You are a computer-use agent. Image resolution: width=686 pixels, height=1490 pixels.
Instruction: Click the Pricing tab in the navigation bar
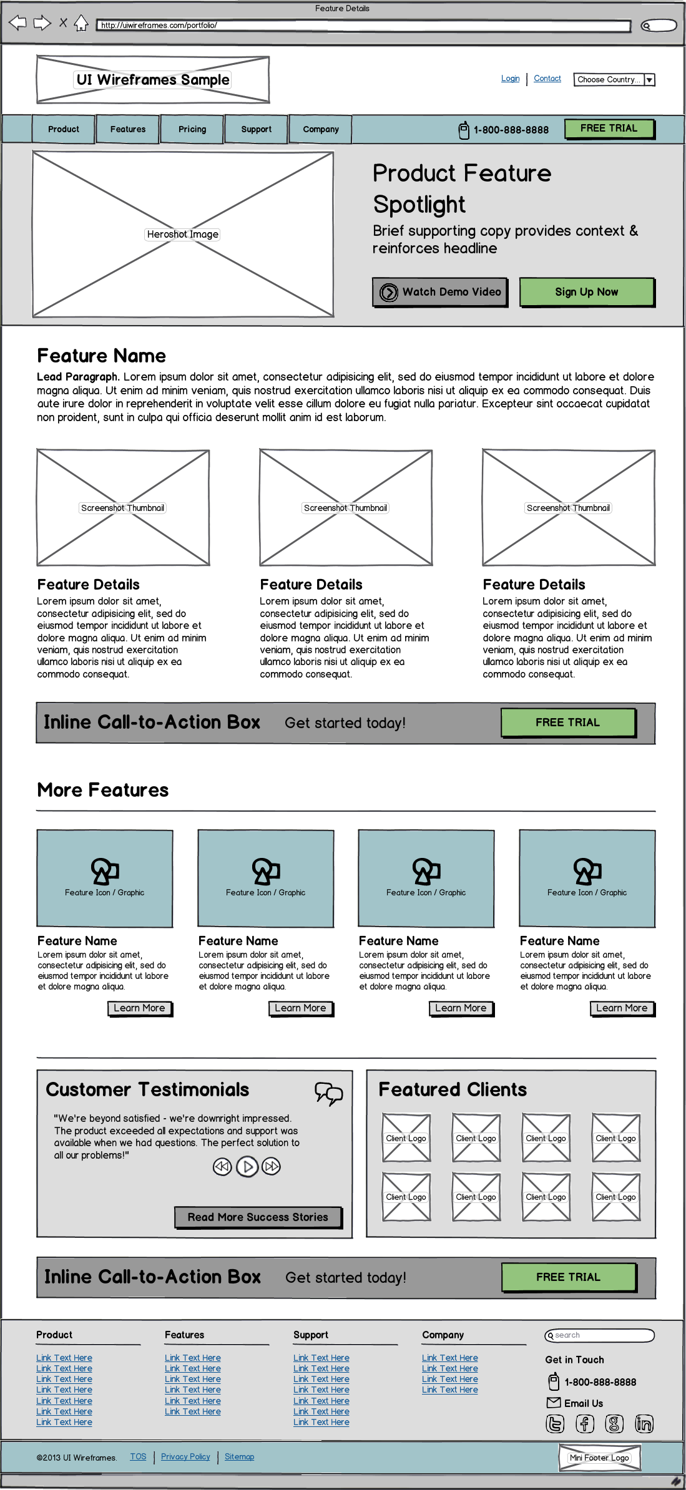pyautogui.click(x=192, y=129)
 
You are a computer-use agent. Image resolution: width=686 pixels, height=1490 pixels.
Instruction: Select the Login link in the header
pyautogui.click(x=510, y=79)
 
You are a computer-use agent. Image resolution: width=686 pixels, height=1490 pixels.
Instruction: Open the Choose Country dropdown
pyautogui.click(x=614, y=80)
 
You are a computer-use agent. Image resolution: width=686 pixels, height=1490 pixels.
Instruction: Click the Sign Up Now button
pyautogui.click(x=587, y=292)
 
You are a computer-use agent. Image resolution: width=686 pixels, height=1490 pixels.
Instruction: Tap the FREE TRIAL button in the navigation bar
pyautogui.click(x=609, y=129)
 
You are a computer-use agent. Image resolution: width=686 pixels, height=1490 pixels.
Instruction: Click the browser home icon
pyautogui.click(x=81, y=24)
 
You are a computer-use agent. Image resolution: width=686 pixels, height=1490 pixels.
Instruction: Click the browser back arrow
pyautogui.click(x=17, y=24)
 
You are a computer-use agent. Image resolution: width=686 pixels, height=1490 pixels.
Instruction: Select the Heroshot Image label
pyautogui.click(x=183, y=235)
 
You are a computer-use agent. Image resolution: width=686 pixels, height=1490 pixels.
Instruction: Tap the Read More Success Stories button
pyautogui.click(x=258, y=1217)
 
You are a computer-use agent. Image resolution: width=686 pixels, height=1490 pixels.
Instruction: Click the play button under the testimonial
pyautogui.click(x=247, y=1166)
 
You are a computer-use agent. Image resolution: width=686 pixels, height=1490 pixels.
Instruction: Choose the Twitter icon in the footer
pyautogui.click(x=555, y=1423)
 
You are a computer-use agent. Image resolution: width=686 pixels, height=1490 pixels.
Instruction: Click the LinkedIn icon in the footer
pyautogui.click(x=644, y=1423)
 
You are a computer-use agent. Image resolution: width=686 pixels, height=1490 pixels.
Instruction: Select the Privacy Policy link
pyautogui.click(x=185, y=1456)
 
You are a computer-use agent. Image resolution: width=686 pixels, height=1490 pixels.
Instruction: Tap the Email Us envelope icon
pyautogui.click(x=553, y=1403)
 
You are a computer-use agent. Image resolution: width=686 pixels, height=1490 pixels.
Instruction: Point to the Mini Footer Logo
pyautogui.click(x=599, y=1458)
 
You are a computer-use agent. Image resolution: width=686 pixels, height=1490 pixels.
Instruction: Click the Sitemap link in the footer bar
pyautogui.click(x=239, y=1456)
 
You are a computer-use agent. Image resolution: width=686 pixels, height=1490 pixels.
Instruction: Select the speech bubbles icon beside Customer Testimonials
pyautogui.click(x=329, y=1093)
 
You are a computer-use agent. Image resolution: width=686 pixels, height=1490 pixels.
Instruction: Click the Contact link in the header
pyautogui.click(x=547, y=79)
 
